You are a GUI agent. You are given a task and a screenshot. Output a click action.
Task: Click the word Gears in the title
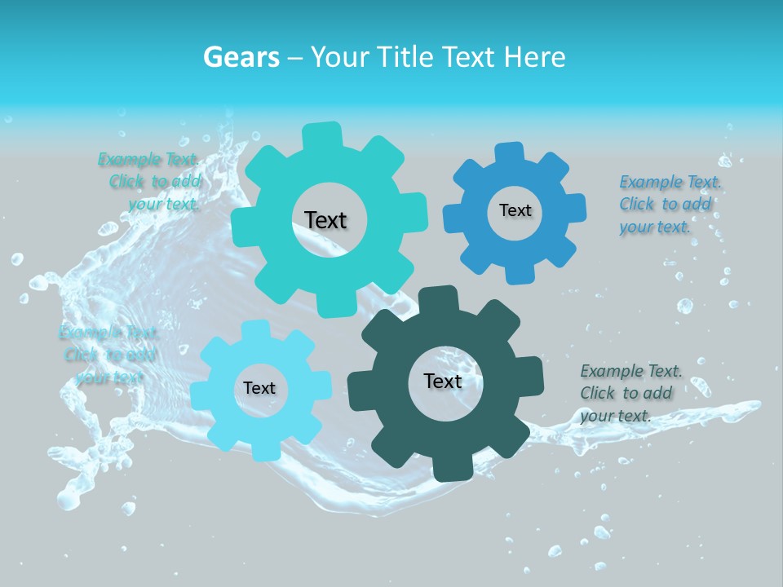coord(241,58)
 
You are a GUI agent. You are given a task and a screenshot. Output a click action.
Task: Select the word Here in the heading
coord(534,58)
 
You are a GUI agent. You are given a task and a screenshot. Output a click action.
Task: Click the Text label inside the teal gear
coord(325,220)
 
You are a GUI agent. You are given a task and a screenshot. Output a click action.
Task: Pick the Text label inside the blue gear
coord(515,210)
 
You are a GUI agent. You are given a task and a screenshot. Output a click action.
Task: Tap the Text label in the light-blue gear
coord(259,388)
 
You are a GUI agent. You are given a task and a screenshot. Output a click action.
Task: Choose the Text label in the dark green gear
coord(443,381)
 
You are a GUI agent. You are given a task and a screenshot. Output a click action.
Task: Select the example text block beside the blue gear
coord(670,204)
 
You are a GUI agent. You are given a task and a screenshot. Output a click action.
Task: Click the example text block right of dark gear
coord(630,393)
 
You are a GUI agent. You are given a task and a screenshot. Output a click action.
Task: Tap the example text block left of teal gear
coord(151,181)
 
